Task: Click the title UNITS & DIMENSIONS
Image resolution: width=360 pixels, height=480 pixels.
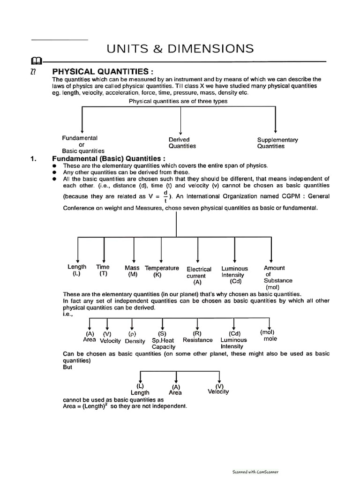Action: click(180, 48)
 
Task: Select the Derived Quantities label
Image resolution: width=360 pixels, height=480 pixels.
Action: click(182, 142)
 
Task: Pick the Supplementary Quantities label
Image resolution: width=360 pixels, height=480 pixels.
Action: click(277, 143)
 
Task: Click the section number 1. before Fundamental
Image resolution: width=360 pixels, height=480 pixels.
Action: click(33, 158)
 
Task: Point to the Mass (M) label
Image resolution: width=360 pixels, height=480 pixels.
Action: click(132, 271)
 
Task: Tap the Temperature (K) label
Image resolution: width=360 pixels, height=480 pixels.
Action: click(162, 271)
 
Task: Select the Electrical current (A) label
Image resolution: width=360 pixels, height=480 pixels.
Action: click(199, 276)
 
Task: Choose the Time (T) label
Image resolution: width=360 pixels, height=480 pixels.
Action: click(103, 270)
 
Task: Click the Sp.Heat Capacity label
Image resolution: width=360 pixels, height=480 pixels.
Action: click(163, 344)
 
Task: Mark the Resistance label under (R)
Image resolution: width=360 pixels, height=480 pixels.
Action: click(197, 340)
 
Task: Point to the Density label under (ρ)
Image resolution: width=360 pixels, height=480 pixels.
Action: click(135, 341)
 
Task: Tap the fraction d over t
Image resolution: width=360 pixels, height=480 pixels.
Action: click(165, 196)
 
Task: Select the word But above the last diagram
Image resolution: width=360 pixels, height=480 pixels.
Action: click(68, 367)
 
